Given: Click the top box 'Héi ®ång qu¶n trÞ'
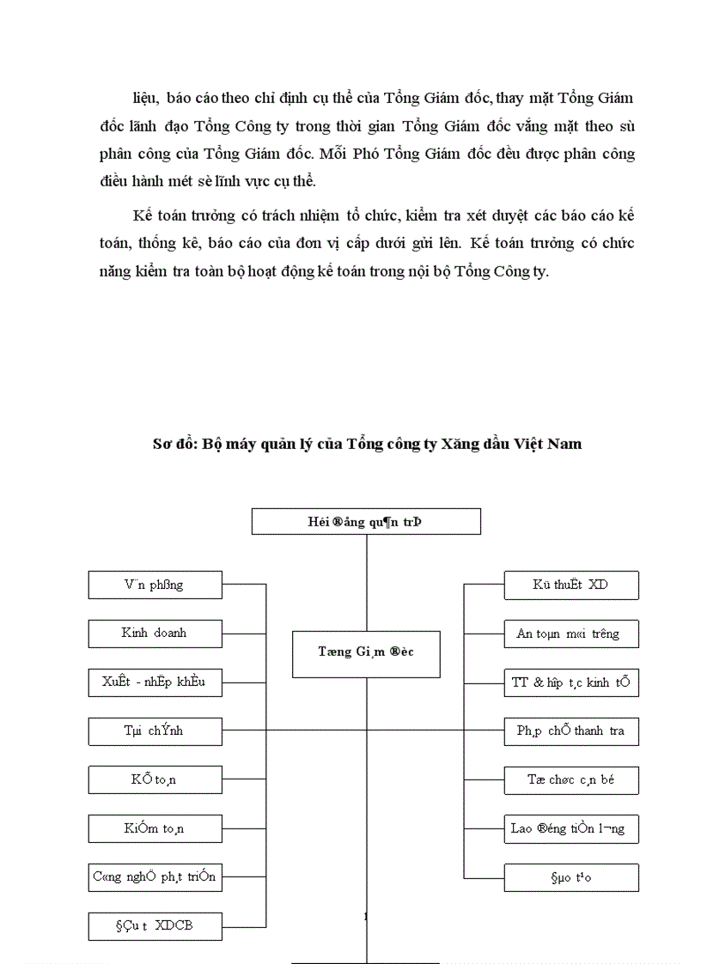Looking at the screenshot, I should point(366,521).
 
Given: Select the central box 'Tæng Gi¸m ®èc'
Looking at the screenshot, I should point(366,652).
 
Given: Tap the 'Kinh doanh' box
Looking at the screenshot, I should point(155,634).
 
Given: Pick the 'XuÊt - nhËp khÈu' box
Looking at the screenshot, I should point(155,682).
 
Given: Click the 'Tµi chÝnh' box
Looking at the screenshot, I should point(155,731).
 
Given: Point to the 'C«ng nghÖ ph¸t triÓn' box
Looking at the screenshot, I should point(155,877).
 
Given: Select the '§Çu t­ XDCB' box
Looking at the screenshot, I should point(155,927).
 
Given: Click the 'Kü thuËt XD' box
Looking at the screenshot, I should point(571,585).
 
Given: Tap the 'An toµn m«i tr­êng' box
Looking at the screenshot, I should point(571,634).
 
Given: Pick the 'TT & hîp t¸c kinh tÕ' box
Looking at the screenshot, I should point(571,683).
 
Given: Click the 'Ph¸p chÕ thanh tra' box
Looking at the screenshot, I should point(571,731).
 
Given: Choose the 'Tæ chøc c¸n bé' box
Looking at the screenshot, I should point(571,780).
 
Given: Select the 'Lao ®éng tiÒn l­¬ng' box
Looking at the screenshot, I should point(571,828).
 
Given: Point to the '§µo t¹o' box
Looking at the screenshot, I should point(571,877).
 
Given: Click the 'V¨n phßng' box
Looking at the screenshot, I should point(155,585).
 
